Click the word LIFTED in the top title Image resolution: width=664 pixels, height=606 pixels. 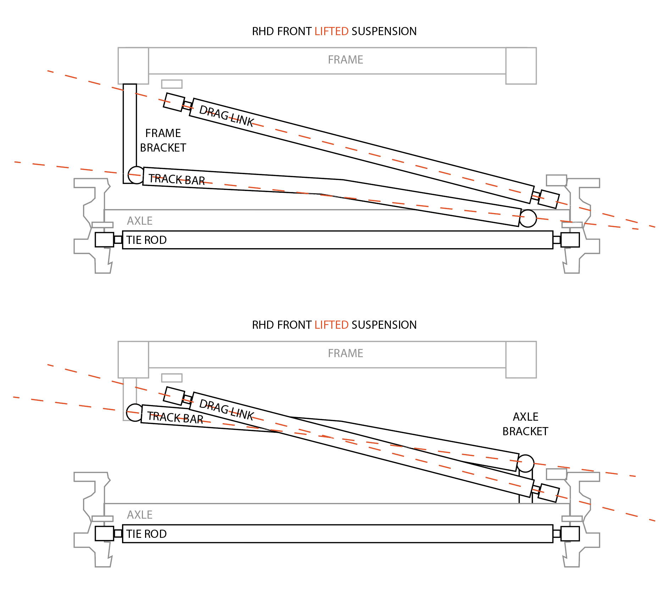pyautogui.click(x=331, y=31)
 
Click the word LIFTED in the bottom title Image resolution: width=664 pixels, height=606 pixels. pyautogui.click(x=331, y=325)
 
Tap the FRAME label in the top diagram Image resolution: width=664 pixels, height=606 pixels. pyautogui.click(x=345, y=60)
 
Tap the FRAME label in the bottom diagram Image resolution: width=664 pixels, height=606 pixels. pyautogui.click(x=345, y=353)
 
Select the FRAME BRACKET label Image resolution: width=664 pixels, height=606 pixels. pyautogui.click(x=163, y=140)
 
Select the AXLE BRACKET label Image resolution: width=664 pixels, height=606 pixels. pyautogui.click(x=525, y=424)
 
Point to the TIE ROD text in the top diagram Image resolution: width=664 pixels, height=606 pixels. pyautogui.click(x=146, y=240)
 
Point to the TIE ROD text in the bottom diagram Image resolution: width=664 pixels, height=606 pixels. pyautogui.click(x=146, y=534)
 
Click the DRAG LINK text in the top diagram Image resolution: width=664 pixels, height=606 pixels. pyautogui.click(x=226, y=116)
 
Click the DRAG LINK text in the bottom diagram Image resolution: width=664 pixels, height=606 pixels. pyautogui.click(x=226, y=410)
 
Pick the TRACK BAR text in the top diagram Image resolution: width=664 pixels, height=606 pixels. pyautogui.click(x=177, y=179)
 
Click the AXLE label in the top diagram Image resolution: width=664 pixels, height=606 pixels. pyautogui.click(x=140, y=221)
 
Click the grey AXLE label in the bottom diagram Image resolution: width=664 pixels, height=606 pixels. pyautogui.click(x=140, y=515)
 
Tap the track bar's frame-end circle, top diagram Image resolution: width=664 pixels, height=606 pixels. pyautogui.click(x=136, y=175)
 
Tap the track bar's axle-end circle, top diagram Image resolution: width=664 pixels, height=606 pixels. pyautogui.click(x=528, y=218)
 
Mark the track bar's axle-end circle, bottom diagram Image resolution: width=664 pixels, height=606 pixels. pyautogui.click(x=525, y=463)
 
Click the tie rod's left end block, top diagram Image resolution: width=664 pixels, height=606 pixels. pyautogui.click(x=104, y=240)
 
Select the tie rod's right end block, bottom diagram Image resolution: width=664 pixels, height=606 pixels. pyautogui.click(x=570, y=534)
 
